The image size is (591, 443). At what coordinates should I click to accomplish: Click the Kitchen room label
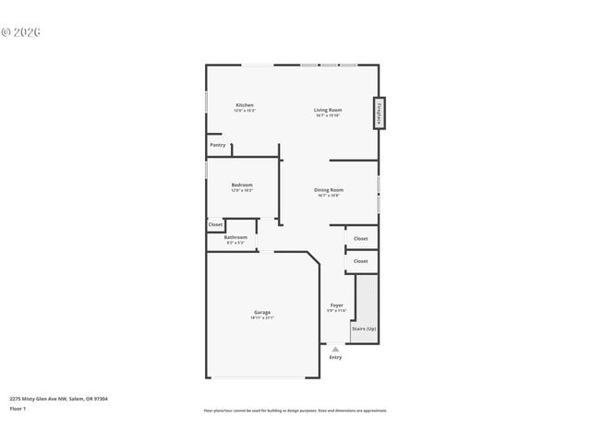(x=244, y=105)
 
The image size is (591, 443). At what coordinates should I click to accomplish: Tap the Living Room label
(x=328, y=110)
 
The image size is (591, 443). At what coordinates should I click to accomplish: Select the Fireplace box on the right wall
(x=380, y=114)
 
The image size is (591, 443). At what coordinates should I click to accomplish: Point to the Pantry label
(x=218, y=145)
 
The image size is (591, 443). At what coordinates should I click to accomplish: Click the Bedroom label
(x=242, y=185)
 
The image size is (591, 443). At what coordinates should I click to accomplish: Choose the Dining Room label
(x=328, y=190)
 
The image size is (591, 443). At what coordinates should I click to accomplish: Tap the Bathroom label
(x=235, y=237)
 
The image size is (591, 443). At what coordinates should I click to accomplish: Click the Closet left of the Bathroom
(x=215, y=224)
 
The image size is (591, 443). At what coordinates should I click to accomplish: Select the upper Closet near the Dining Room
(x=360, y=239)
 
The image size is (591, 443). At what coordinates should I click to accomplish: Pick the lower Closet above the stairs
(x=360, y=261)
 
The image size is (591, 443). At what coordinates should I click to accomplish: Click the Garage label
(x=262, y=312)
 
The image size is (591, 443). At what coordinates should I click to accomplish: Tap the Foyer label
(x=336, y=305)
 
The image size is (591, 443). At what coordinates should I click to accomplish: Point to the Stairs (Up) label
(x=363, y=329)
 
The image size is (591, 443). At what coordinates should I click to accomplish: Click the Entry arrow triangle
(x=335, y=350)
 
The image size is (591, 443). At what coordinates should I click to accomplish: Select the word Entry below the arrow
(x=335, y=357)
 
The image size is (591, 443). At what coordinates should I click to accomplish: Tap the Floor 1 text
(x=18, y=408)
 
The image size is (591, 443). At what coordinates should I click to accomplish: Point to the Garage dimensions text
(x=262, y=317)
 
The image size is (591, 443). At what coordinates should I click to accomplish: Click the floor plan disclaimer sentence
(x=295, y=411)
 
